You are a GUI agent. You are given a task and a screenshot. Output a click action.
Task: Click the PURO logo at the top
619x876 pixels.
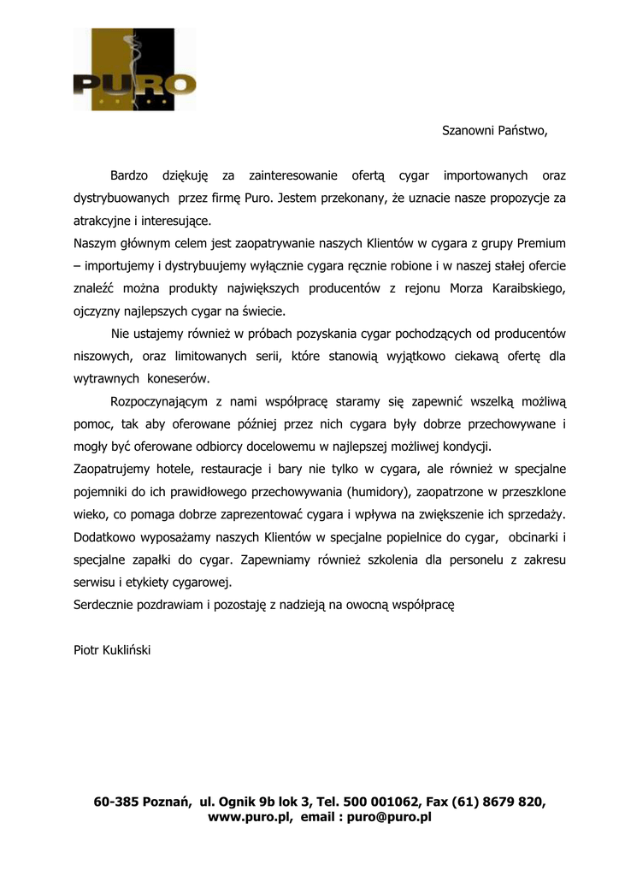coord(134,70)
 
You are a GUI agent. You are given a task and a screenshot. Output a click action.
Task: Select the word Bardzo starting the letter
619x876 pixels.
coord(129,175)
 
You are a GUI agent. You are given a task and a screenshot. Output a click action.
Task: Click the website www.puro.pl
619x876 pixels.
coord(249,817)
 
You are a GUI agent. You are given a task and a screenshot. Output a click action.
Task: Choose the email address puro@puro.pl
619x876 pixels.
coord(390,817)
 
